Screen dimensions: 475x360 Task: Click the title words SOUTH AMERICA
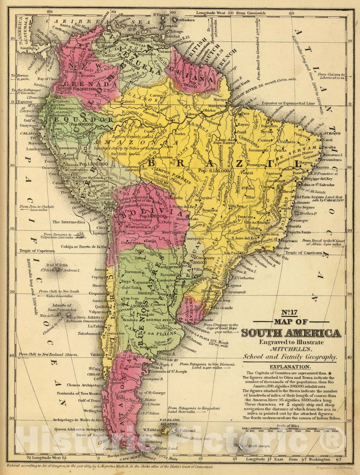[x=291, y=333]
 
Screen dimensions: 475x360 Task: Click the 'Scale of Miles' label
[x=288, y=426]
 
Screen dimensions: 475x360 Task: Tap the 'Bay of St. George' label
[x=153, y=393]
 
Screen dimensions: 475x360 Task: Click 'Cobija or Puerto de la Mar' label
[x=84, y=247]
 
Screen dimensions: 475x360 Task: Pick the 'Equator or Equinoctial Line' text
[x=288, y=103]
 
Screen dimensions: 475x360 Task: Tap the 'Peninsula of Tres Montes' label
[x=79, y=393]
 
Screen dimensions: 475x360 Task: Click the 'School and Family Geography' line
[x=290, y=357]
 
